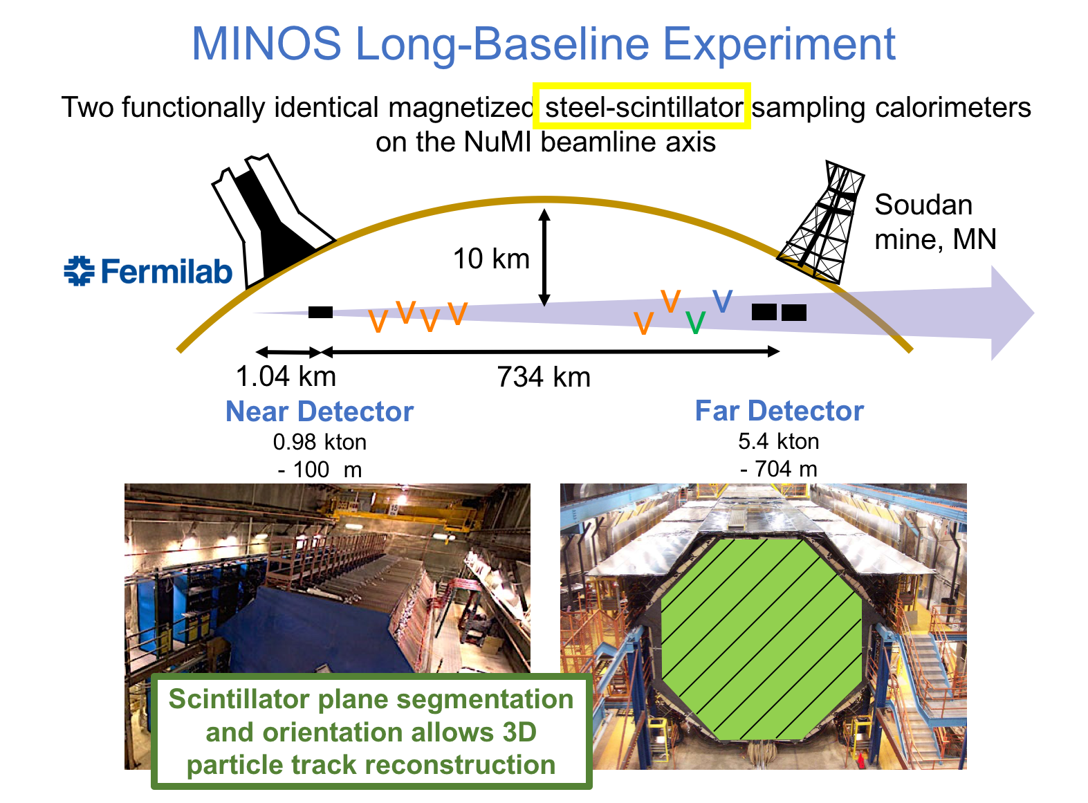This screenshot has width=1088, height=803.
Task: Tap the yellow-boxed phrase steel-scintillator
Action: click(x=643, y=107)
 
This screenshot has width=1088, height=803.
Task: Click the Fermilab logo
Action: click(x=147, y=270)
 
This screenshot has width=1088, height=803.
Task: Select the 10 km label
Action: click(x=491, y=259)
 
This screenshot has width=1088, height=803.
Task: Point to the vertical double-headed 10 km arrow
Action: click(x=544, y=257)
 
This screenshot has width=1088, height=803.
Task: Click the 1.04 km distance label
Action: click(x=286, y=376)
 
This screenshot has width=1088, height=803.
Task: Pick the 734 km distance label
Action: click(x=544, y=377)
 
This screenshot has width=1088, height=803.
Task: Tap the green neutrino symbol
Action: click(x=695, y=323)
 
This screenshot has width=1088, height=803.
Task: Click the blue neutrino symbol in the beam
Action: click(x=722, y=301)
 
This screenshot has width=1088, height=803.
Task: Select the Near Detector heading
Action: click(x=320, y=411)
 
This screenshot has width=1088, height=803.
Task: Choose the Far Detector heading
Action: click(x=779, y=411)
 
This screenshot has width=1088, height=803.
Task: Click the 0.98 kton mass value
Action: click(x=320, y=442)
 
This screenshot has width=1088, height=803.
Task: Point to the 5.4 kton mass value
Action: click(x=778, y=441)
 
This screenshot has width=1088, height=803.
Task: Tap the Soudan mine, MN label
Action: click(x=935, y=222)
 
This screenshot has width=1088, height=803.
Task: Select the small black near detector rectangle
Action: click(x=320, y=312)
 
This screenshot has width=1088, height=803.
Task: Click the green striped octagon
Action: click(x=761, y=639)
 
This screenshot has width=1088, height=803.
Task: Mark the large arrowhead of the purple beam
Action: click(x=1011, y=313)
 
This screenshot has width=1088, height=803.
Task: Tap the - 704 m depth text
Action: click(x=778, y=469)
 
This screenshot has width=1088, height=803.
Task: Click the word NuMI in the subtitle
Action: click(x=497, y=142)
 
